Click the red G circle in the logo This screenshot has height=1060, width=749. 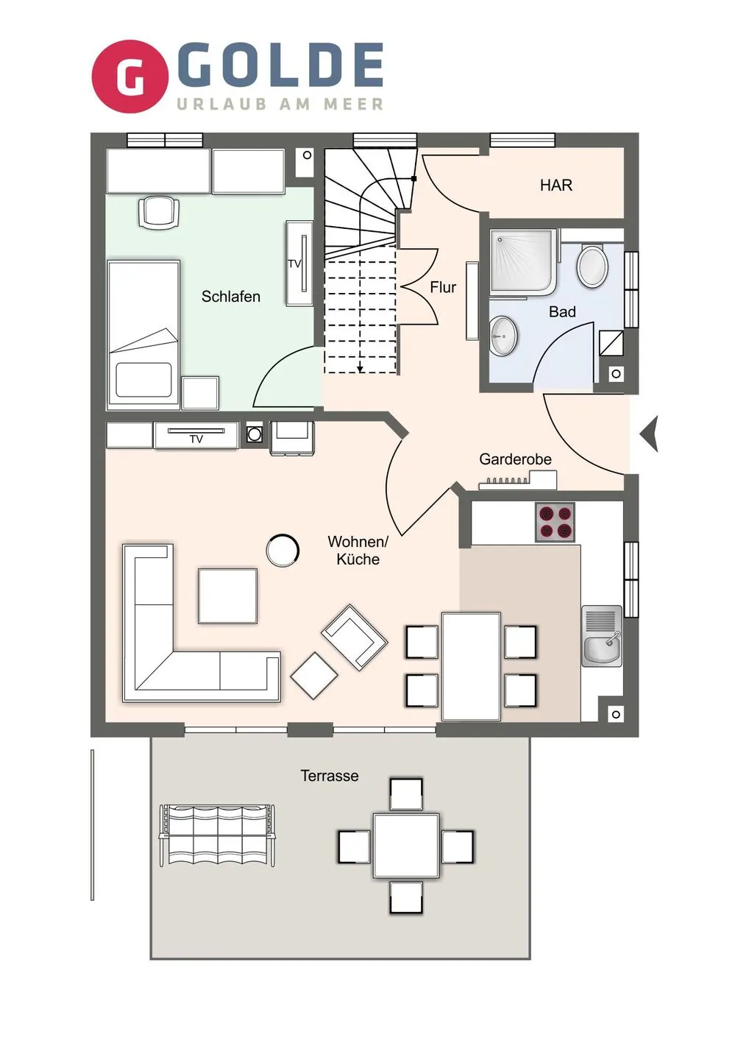[129, 77]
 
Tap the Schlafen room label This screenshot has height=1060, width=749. [230, 297]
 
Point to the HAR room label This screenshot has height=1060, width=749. [555, 185]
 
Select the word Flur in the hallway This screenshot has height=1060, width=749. [443, 288]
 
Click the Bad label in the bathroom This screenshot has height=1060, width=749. [562, 312]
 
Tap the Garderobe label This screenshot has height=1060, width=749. [515, 459]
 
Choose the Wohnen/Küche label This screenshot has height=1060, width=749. [358, 551]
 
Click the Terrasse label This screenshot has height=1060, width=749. [330, 776]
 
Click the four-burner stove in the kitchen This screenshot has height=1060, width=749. [555, 522]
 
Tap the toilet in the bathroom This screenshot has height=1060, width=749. [592, 266]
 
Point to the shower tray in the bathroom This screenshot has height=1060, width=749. [522, 261]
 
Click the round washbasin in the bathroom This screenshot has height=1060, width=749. [504, 336]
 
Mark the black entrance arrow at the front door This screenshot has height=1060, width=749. [649, 434]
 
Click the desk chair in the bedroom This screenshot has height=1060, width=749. [159, 212]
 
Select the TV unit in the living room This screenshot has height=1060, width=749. [196, 435]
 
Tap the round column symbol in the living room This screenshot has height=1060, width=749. [283, 550]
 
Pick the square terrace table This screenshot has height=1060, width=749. [406, 845]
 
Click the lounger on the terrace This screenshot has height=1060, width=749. [218, 835]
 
